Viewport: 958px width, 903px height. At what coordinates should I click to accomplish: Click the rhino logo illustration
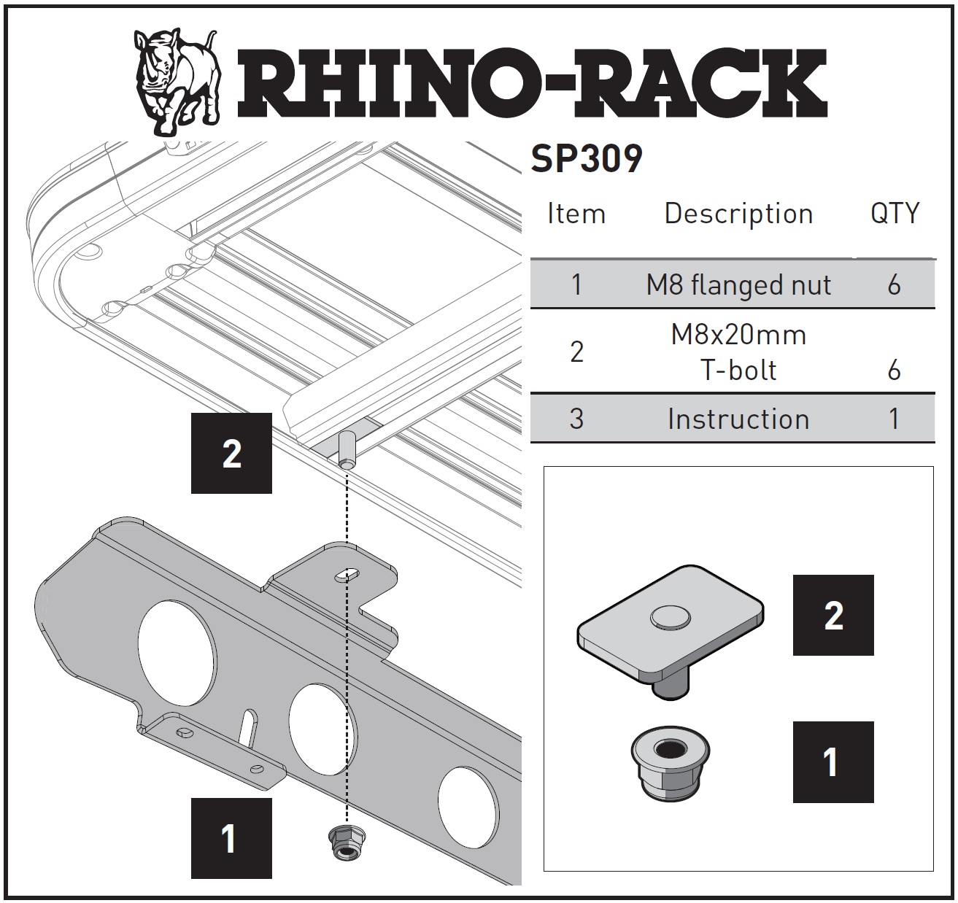(177, 82)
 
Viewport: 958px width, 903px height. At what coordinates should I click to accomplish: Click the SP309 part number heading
(587, 159)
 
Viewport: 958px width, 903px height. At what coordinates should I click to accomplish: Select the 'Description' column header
(738, 213)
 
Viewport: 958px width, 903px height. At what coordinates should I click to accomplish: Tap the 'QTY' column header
(895, 213)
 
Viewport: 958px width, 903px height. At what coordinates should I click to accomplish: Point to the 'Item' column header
(576, 213)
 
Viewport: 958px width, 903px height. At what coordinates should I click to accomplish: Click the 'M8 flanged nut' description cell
(738, 284)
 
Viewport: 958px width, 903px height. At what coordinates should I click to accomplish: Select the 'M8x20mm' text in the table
(738, 335)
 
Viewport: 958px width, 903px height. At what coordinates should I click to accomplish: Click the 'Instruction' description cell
(738, 419)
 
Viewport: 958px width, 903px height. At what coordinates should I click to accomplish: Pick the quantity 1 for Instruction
(894, 419)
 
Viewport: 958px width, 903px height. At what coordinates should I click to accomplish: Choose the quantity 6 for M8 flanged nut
(894, 284)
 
